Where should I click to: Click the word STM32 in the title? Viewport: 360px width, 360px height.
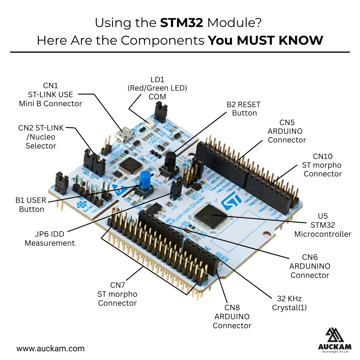181,23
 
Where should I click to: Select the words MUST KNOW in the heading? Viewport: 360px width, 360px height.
280,40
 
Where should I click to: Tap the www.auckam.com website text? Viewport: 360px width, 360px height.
50,349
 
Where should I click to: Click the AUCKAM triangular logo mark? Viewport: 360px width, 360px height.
334,336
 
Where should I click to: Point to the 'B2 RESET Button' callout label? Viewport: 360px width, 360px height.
244,109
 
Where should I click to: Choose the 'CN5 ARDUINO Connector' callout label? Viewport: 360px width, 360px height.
287,131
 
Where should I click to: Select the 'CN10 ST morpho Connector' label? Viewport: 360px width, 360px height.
322,165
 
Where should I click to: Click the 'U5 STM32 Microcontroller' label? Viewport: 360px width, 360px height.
322,225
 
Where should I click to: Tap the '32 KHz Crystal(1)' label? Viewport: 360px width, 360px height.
289,303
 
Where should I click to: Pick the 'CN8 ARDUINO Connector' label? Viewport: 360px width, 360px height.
232,316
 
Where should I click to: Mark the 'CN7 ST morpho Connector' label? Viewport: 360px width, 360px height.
117,294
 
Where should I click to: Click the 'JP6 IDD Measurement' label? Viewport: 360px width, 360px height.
49,238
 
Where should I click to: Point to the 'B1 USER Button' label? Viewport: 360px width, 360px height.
31,205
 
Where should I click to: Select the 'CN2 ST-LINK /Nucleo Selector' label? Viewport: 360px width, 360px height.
41,137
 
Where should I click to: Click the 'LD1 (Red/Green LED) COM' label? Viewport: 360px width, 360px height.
157,88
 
